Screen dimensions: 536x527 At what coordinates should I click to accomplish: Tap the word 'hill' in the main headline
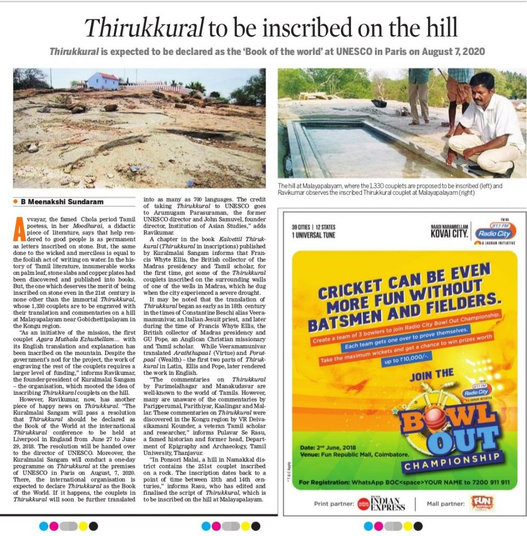(440, 27)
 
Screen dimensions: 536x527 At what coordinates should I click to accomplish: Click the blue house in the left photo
(102, 81)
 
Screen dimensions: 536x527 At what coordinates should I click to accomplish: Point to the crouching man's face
(482, 88)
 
